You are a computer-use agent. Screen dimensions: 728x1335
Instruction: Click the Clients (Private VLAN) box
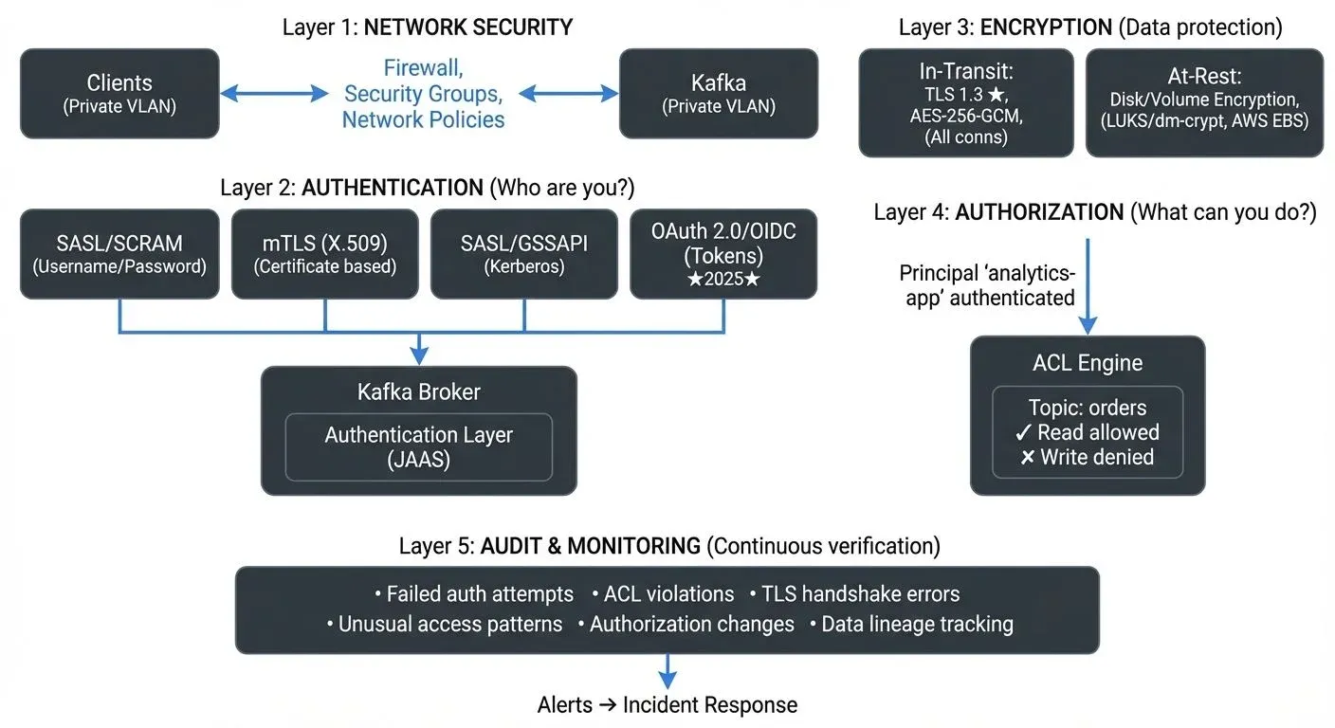119,94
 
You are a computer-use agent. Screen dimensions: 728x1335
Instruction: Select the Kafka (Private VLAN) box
718,94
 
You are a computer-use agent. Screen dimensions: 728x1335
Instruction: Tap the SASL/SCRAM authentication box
119,254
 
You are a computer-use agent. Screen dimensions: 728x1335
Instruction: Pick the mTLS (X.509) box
325,254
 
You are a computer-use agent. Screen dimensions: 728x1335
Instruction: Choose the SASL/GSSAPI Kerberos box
524,254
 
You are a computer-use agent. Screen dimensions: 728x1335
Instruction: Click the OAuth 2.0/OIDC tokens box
722,254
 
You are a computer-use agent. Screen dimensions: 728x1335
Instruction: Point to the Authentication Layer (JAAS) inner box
418,446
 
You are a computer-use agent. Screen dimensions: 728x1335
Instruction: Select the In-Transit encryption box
965,102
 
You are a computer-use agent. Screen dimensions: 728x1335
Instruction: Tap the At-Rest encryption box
1203,102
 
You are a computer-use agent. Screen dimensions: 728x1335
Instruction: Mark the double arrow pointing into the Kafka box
567,93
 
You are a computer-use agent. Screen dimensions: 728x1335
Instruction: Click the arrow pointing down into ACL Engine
1088,284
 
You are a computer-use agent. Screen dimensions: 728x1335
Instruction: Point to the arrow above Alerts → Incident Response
667,671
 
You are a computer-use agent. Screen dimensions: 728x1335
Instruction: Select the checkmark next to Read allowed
1023,433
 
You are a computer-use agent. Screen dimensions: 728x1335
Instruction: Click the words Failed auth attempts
480,594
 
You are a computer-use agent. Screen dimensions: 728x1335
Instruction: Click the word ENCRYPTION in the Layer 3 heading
1046,27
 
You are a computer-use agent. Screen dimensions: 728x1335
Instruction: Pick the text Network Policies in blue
423,119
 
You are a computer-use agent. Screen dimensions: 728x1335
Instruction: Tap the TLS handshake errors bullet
861,594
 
